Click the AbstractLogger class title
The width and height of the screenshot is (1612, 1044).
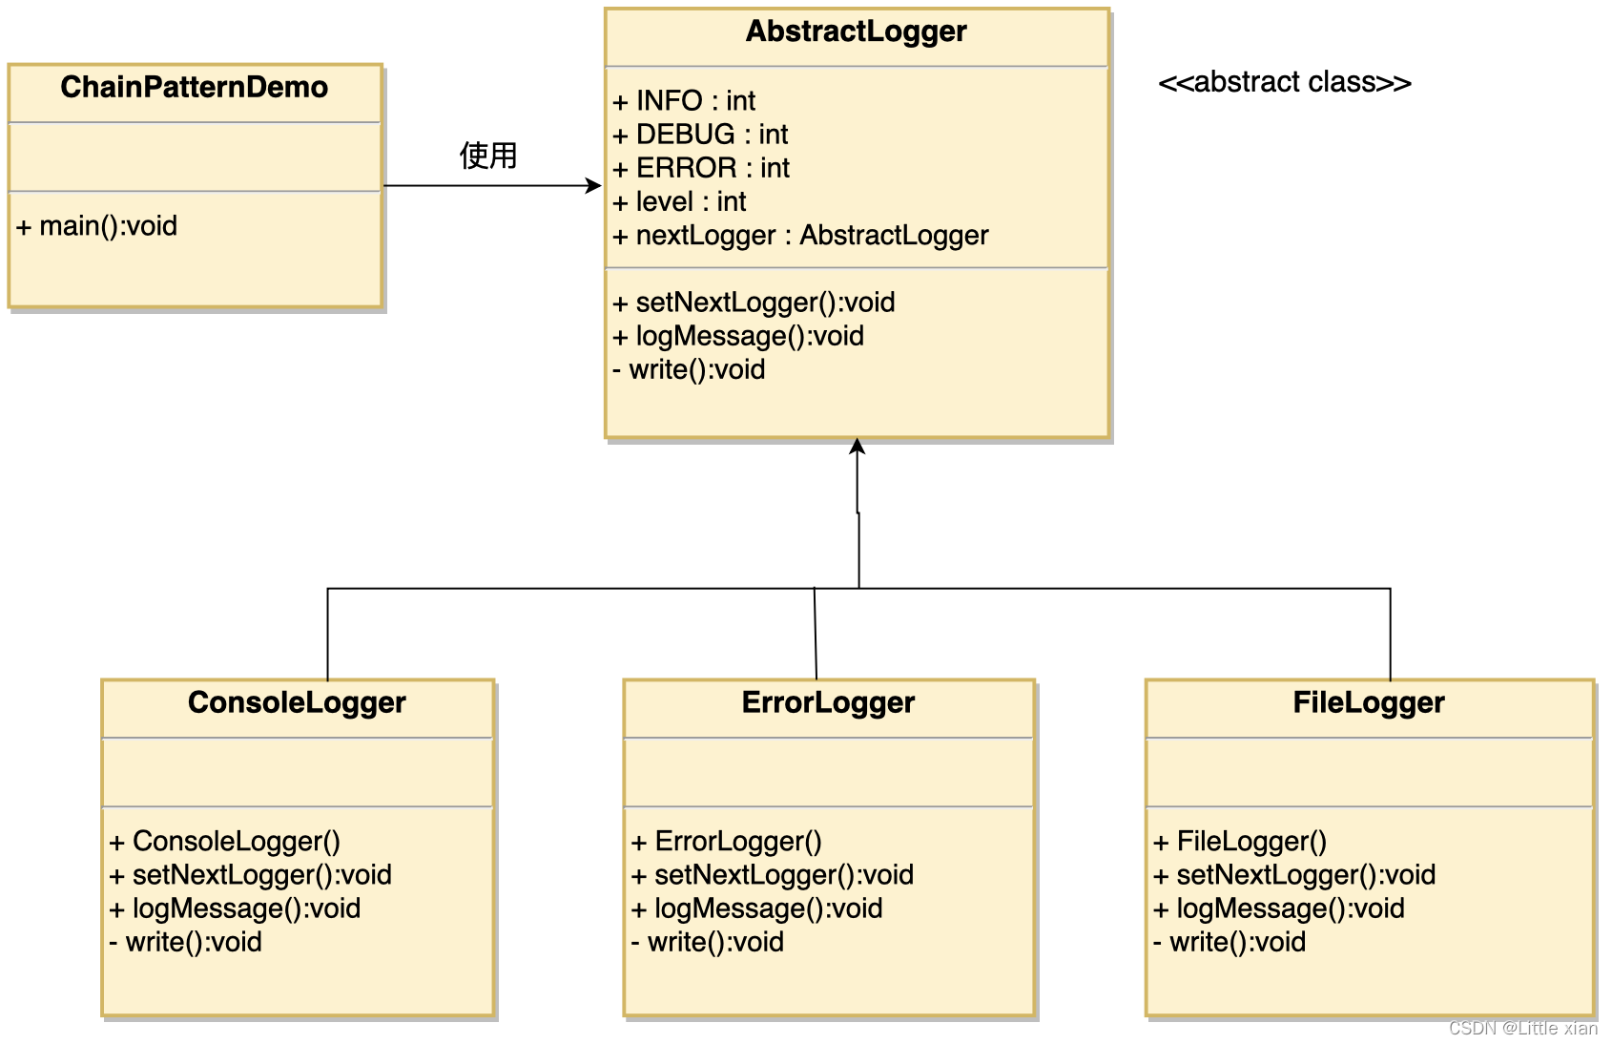click(856, 31)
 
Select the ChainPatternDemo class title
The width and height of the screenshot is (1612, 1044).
click(195, 87)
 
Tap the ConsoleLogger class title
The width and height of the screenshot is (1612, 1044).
click(298, 703)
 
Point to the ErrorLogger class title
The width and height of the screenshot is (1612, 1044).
click(828, 703)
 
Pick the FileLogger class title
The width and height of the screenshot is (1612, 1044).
click(1369, 703)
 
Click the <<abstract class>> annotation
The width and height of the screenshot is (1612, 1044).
click(1285, 82)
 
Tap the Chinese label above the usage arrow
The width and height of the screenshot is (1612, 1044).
click(488, 156)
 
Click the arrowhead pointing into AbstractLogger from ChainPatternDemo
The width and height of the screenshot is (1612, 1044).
click(594, 186)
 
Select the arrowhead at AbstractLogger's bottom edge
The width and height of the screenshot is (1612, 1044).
click(857, 447)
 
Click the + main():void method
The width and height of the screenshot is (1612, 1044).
click(96, 226)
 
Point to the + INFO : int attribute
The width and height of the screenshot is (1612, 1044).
click(684, 101)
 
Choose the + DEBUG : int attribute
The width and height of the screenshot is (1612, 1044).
click(700, 135)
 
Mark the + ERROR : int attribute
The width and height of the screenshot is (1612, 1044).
click(701, 169)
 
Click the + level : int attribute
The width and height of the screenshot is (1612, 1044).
click(679, 202)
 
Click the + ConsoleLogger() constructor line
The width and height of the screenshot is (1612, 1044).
click(224, 842)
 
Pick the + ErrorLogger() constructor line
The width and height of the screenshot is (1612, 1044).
click(726, 842)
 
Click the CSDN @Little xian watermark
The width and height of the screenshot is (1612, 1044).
click(1522, 1028)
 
